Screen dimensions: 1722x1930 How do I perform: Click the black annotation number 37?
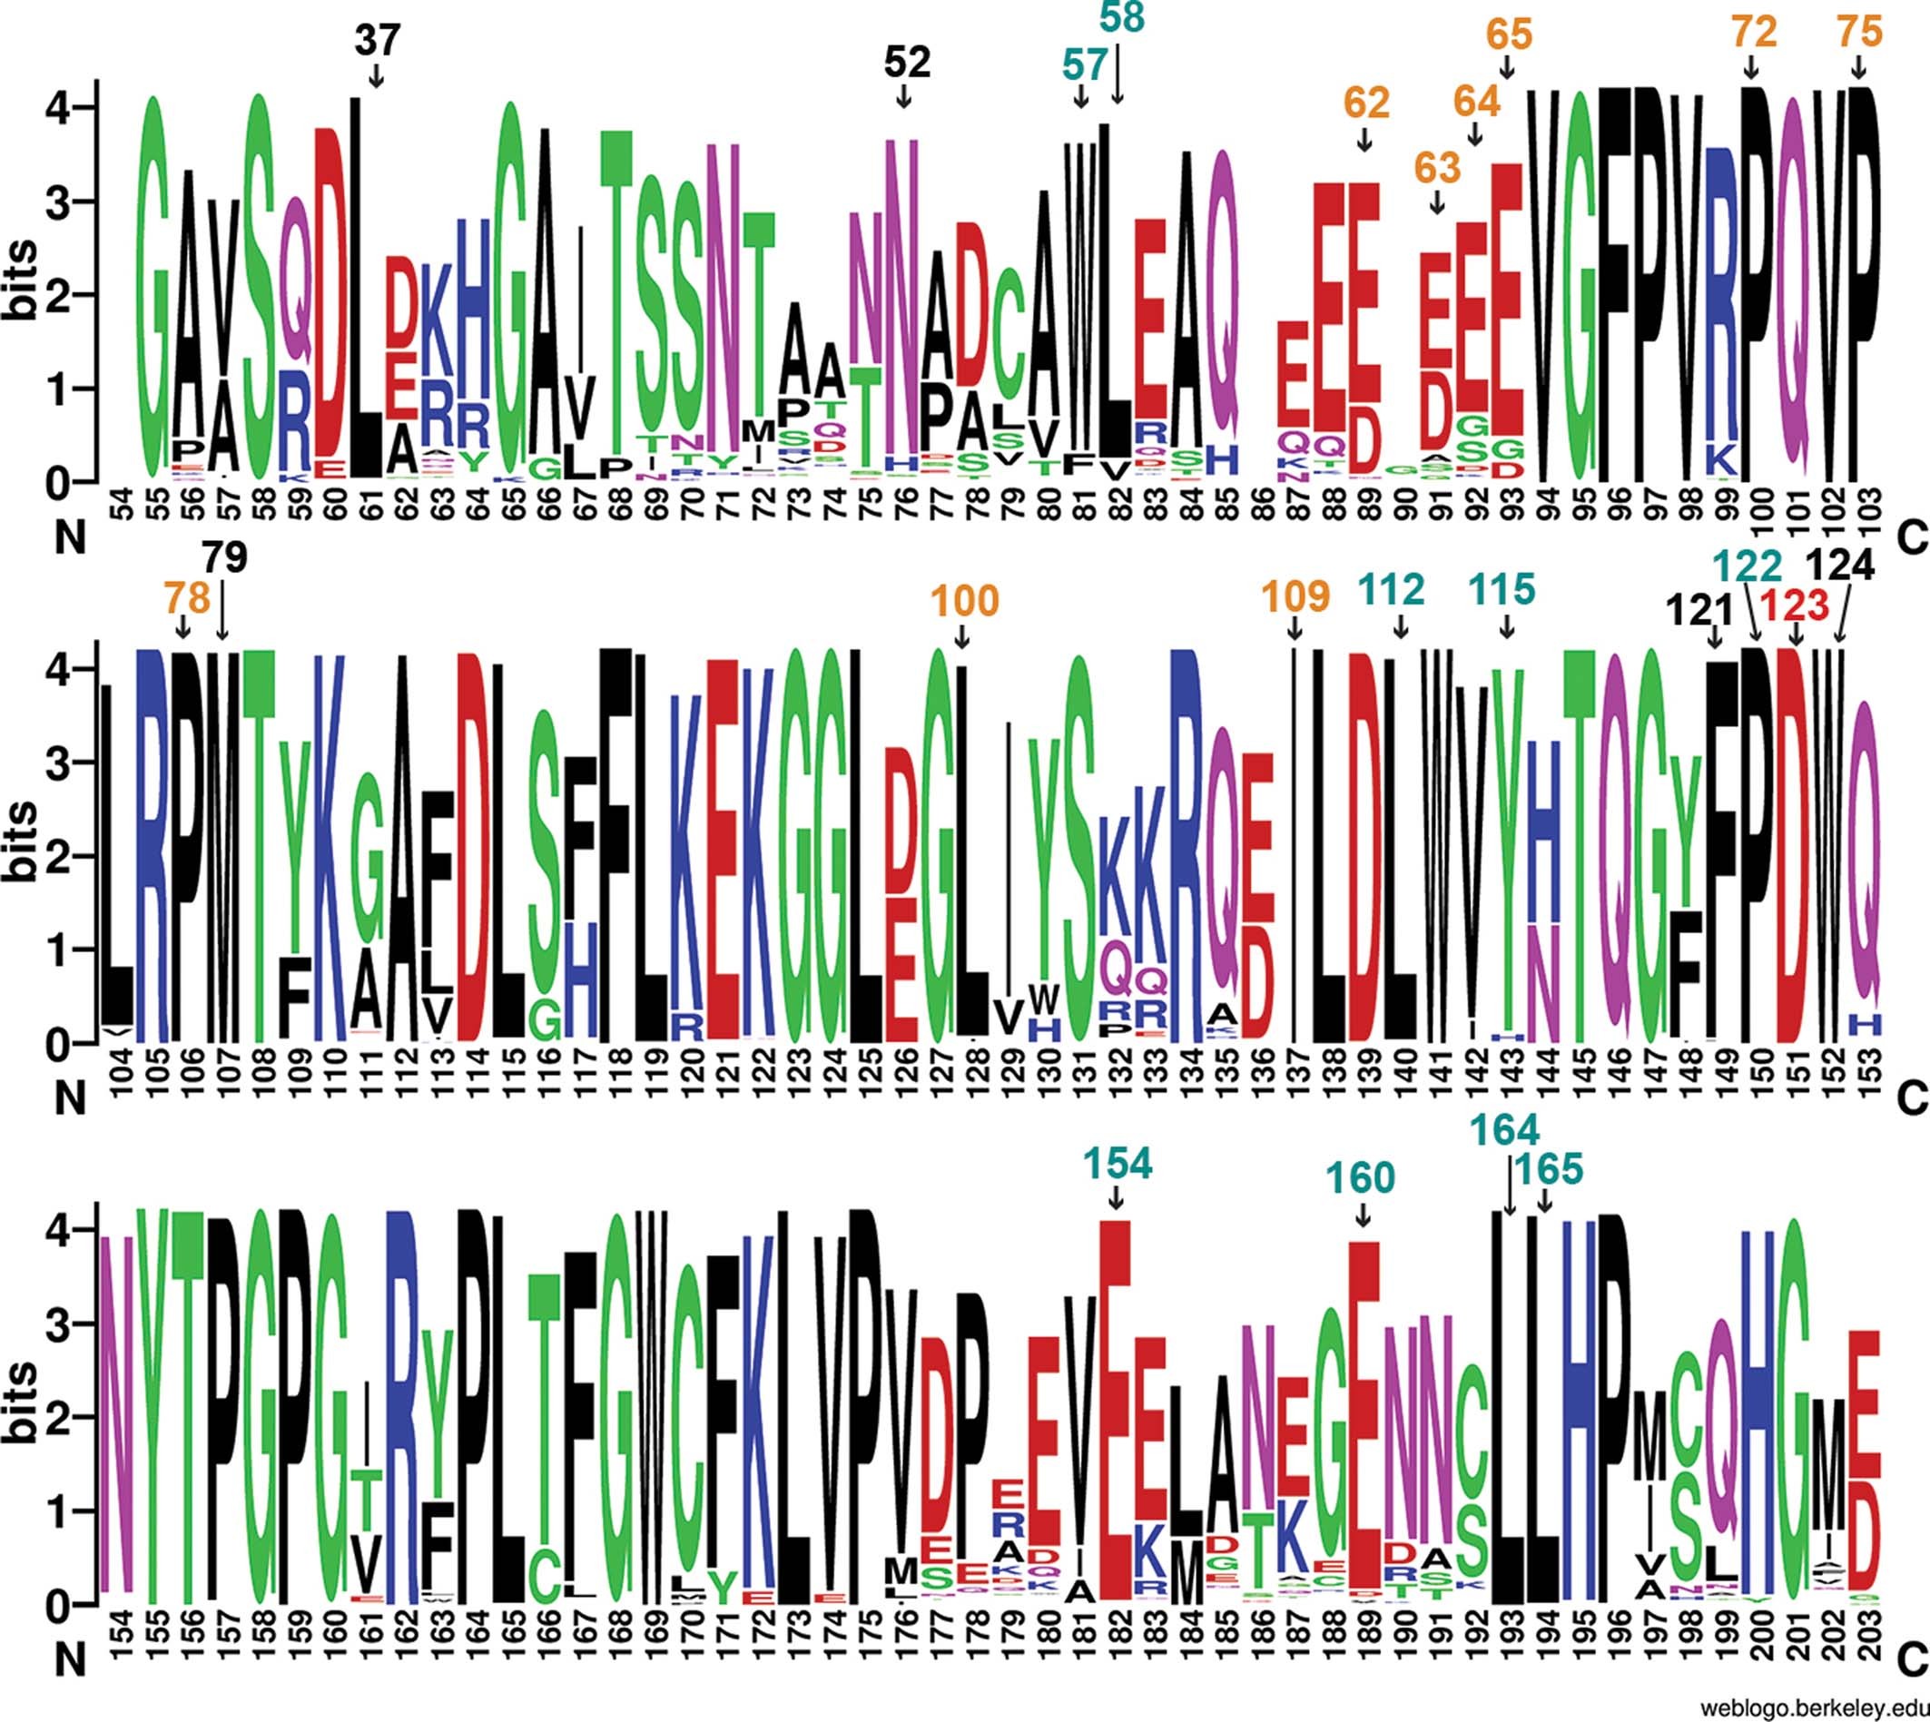(378, 42)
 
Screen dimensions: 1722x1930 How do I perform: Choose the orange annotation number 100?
(964, 601)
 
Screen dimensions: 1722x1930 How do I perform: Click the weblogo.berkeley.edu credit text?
(1813, 1707)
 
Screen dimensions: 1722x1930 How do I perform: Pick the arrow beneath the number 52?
(903, 95)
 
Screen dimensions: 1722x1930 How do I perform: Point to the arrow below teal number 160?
(1363, 1214)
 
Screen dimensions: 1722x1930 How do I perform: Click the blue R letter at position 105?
(154, 842)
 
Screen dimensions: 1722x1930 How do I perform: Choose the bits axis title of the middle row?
(28, 842)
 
